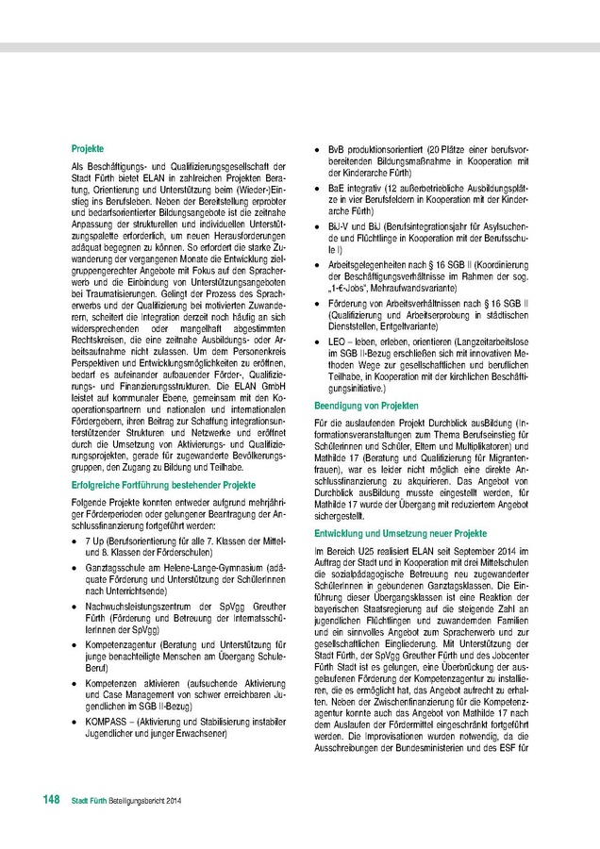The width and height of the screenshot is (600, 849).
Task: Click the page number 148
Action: click(x=52, y=800)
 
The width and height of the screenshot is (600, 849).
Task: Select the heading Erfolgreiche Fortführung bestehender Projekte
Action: click(x=164, y=484)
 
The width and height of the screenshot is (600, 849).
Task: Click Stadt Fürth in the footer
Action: click(x=90, y=801)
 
